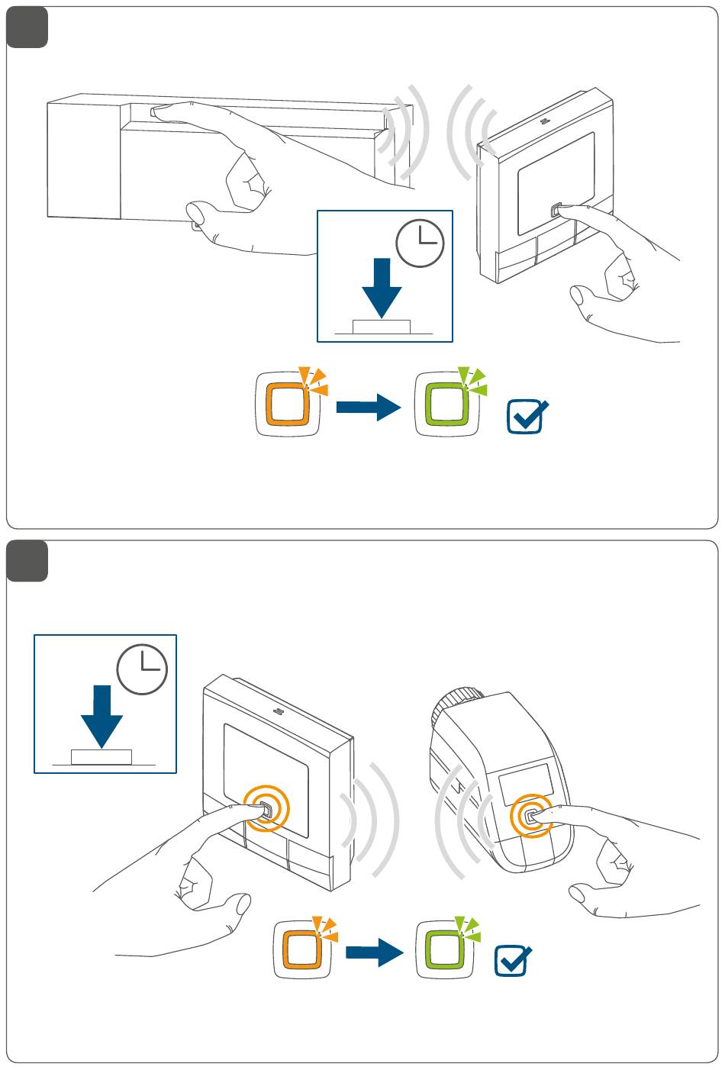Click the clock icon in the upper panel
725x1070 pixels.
click(420, 243)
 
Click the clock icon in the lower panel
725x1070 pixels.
click(142, 669)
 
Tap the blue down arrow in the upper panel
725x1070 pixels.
click(382, 287)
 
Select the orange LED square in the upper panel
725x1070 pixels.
click(287, 404)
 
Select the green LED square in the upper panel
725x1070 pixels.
click(446, 404)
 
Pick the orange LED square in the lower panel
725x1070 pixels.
click(304, 950)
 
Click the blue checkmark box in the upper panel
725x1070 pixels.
click(527, 417)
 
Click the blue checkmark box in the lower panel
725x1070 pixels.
click(513, 960)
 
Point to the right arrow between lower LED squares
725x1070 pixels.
click(374, 952)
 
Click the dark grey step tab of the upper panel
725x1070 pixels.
click(27, 28)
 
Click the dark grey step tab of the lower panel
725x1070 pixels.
click(27, 562)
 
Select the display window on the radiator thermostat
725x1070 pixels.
click(525, 778)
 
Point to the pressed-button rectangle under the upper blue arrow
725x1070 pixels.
click(382, 327)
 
